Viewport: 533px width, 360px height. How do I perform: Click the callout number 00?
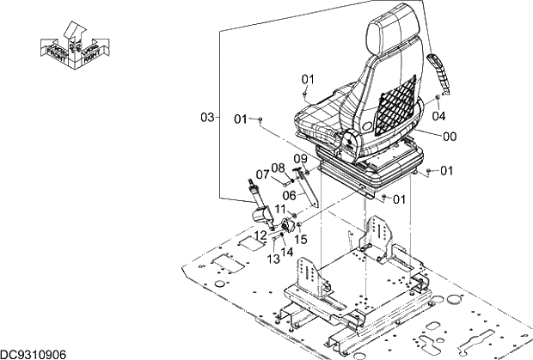(449, 136)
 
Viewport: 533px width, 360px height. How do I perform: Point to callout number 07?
(261, 176)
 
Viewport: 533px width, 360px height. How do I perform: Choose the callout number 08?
(278, 168)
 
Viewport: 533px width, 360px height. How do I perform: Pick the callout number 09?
(300, 158)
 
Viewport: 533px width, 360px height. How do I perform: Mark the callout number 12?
(260, 235)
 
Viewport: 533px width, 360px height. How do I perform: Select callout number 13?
(272, 259)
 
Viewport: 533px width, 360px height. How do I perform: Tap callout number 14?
(286, 252)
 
